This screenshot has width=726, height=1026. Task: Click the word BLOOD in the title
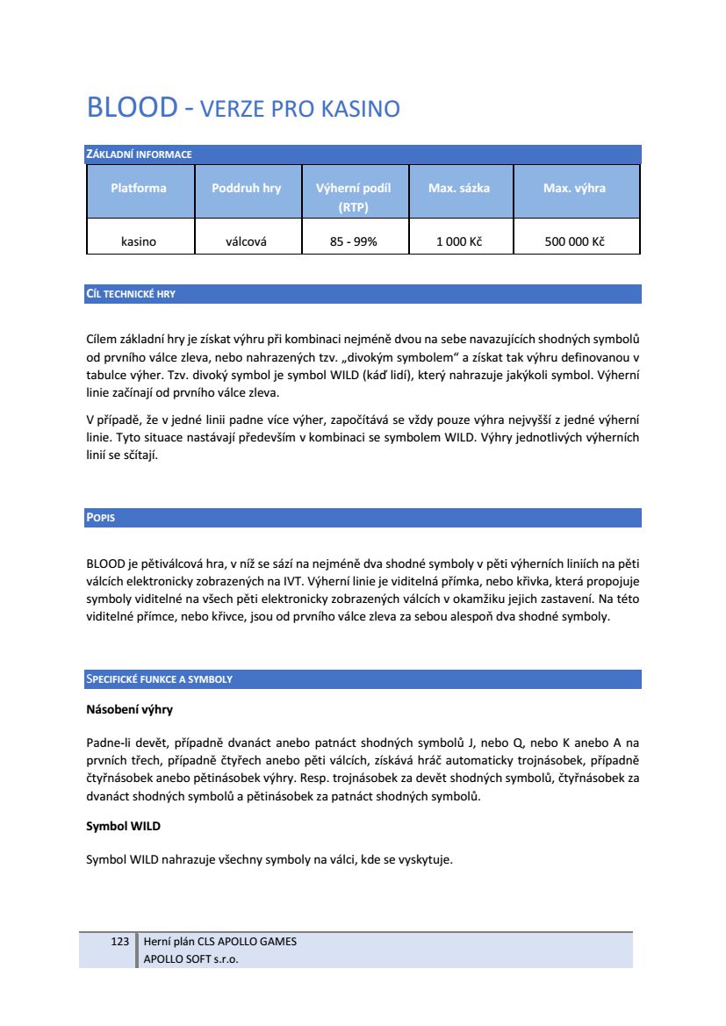point(133,108)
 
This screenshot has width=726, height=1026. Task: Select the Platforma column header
point(139,188)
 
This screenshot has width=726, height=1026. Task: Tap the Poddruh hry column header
point(247,188)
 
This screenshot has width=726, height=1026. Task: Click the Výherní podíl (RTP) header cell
point(353,197)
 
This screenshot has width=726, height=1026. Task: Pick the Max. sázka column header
point(459,188)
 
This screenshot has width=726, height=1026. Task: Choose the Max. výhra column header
point(575,188)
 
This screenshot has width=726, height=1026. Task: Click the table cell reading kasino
point(139,241)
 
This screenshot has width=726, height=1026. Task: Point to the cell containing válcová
point(247,241)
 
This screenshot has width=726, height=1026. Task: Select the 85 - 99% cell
point(353,241)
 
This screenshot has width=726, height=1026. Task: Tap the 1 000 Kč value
point(459,241)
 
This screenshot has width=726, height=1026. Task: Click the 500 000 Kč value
point(575,241)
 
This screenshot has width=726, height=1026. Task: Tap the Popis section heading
point(100,518)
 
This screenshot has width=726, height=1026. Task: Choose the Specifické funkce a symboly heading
point(159,679)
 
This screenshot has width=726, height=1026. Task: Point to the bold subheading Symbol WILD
point(123,827)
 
